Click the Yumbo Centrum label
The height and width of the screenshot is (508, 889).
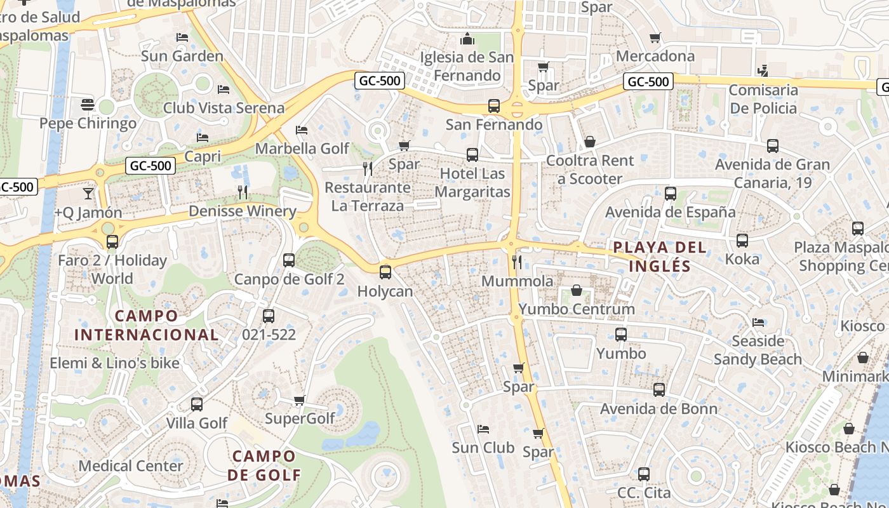[x=577, y=309]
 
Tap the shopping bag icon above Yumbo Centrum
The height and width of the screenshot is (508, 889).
[x=577, y=290]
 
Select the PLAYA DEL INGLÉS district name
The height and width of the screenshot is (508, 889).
[x=659, y=257]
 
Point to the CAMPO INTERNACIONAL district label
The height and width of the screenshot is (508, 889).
[x=146, y=325]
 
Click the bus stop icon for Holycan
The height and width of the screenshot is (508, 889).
[x=385, y=272]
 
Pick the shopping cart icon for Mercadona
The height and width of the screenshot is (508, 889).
[x=655, y=37]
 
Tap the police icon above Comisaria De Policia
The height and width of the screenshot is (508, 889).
[x=763, y=70]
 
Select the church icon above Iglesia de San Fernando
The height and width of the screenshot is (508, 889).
[x=468, y=39]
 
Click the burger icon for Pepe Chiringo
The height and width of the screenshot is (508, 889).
[x=88, y=104]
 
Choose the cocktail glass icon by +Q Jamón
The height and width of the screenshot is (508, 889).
[x=88, y=192]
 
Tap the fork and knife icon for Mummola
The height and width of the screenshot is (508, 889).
[x=517, y=262]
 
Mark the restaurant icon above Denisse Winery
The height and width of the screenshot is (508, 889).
[x=242, y=192]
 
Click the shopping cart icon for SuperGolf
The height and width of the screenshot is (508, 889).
[x=300, y=400]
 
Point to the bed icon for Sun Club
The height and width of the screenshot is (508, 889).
[x=483, y=429]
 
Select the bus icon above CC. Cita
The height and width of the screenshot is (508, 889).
[x=644, y=474]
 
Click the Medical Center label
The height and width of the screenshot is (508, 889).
[x=131, y=465]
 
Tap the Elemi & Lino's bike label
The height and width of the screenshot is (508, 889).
[x=115, y=363]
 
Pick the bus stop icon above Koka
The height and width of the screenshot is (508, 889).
[x=742, y=241]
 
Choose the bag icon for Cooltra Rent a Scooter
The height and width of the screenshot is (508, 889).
[x=590, y=142]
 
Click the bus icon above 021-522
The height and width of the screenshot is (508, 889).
[x=269, y=316]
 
